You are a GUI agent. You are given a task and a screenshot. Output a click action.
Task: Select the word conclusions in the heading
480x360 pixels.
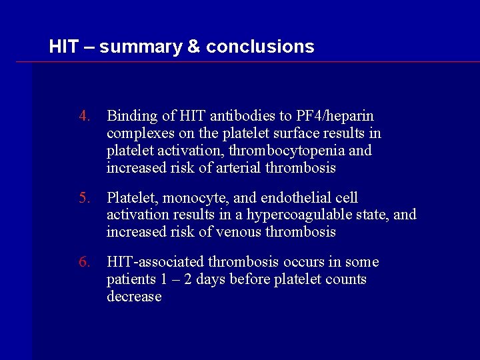260,47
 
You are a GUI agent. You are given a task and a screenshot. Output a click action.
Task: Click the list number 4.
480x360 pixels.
83,117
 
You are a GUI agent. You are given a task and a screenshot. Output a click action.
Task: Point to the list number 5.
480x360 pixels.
83,198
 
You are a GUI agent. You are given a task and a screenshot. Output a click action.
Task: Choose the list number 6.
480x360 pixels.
83,262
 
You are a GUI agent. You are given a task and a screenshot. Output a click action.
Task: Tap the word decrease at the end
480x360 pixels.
134,296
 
